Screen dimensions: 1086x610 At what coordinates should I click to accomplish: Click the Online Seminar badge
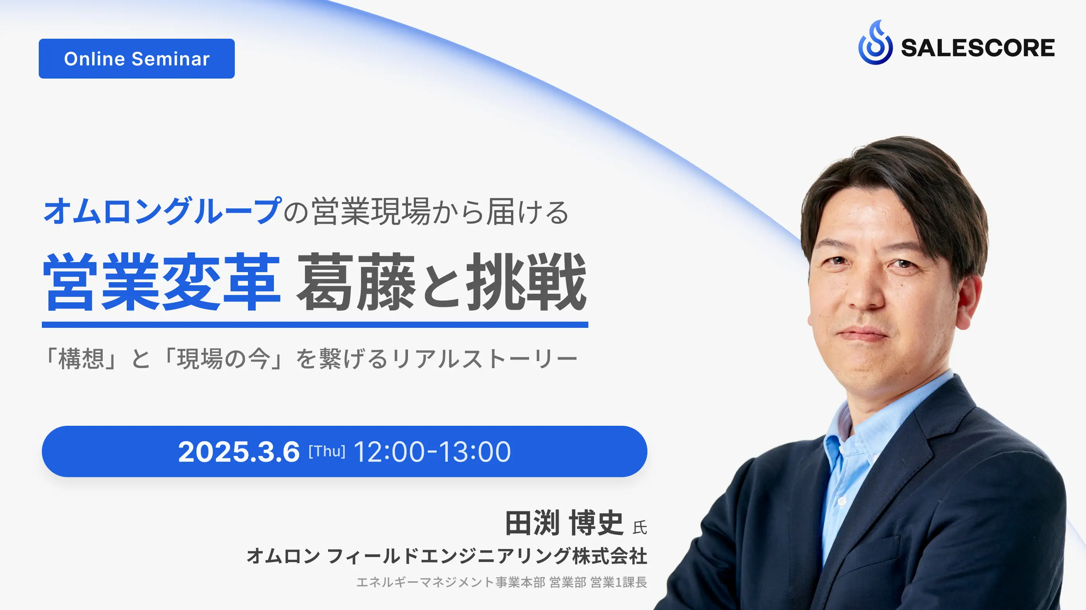coord(137,58)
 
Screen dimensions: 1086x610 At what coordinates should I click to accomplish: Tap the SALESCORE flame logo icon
coord(875,43)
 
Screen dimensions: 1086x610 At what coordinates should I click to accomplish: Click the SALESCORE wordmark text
coord(978,48)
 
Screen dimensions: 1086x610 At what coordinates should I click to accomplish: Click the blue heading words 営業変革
coord(162,282)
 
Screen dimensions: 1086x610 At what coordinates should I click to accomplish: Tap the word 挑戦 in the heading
coord(527,282)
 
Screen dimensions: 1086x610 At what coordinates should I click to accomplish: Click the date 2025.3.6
coord(239,452)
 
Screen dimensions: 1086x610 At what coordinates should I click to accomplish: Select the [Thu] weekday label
coord(327,452)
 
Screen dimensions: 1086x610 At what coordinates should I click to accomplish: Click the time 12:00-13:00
coord(432,452)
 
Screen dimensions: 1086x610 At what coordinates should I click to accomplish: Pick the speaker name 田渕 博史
coord(565,523)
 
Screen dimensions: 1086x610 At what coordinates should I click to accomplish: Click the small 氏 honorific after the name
coord(640,528)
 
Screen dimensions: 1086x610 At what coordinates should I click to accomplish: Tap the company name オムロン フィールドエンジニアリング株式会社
coord(447,556)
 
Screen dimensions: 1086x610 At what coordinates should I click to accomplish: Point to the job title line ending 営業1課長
coord(502,582)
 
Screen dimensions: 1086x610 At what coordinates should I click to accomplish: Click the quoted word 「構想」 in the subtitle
coord(81,359)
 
